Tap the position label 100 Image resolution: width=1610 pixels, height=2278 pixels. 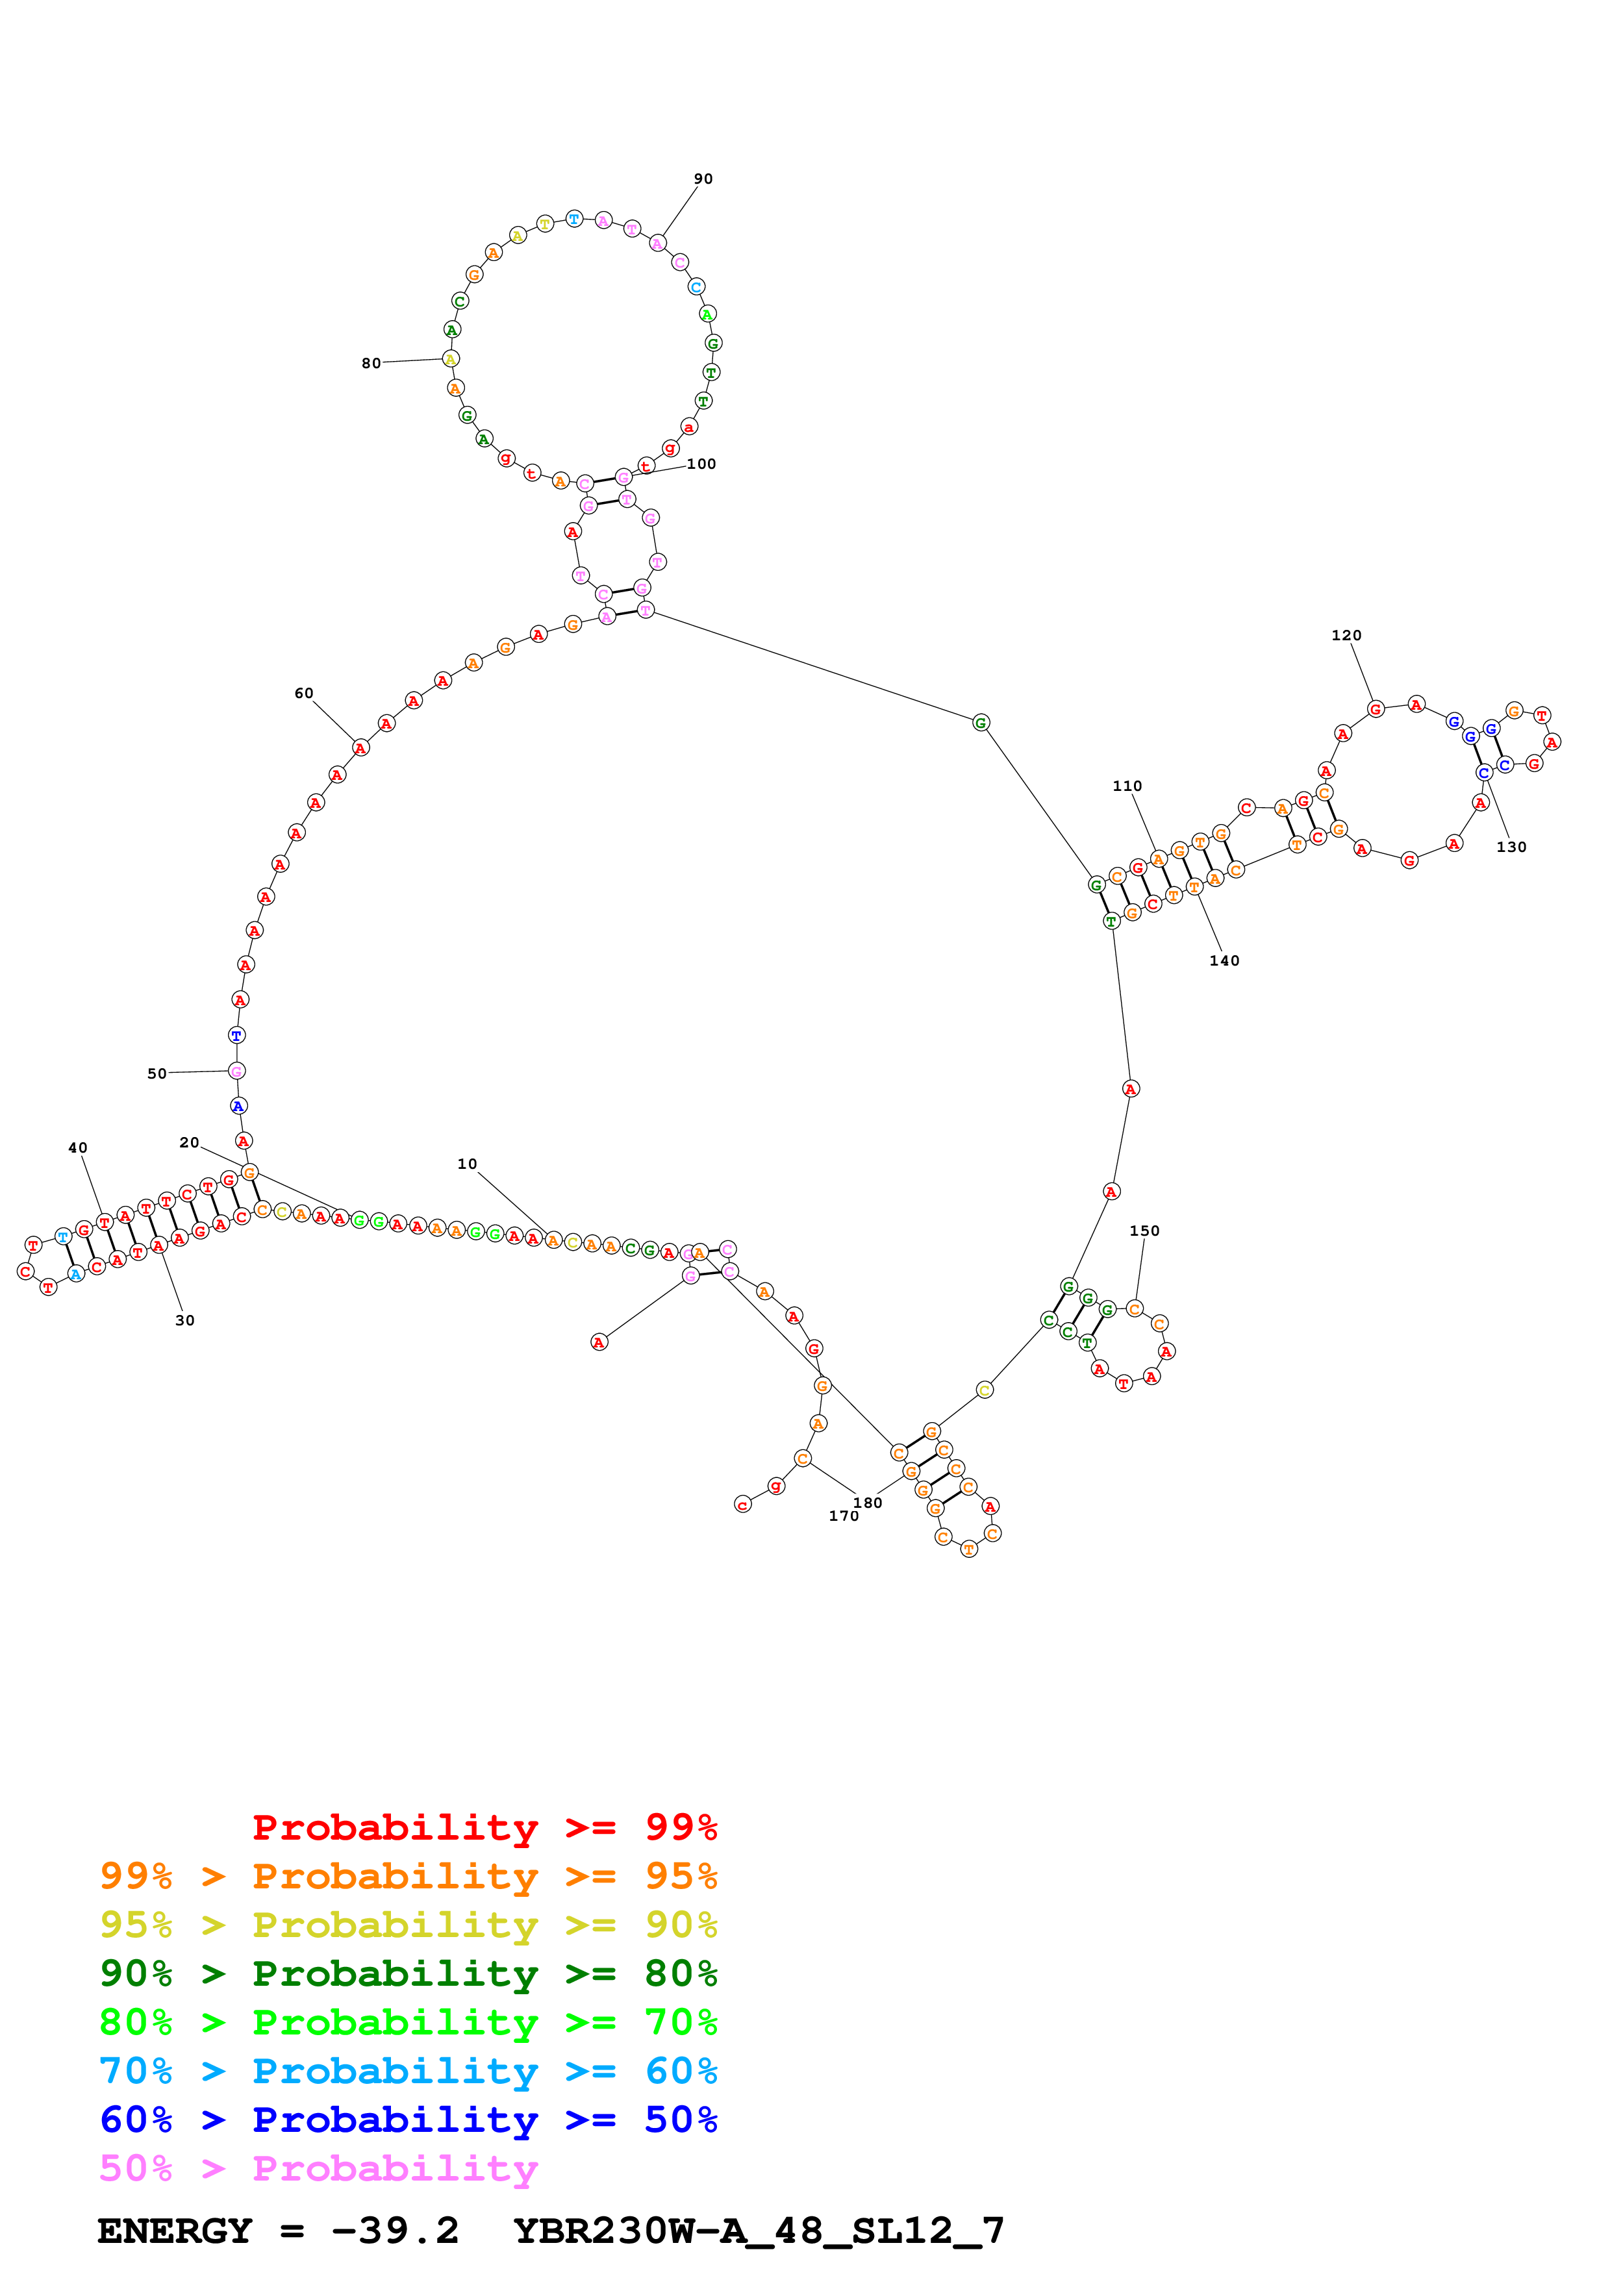(x=701, y=464)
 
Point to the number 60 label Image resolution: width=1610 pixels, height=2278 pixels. (x=303, y=694)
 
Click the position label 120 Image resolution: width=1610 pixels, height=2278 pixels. (x=1346, y=636)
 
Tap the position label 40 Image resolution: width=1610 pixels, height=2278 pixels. (x=77, y=1149)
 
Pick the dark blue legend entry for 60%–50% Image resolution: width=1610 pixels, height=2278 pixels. (x=409, y=2120)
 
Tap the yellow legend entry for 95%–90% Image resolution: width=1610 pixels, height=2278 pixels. (x=409, y=1925)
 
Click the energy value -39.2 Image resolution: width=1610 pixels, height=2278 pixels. (x=395, y=2231)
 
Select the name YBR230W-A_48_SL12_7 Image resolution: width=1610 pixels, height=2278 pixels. (x=759, y=2231)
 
